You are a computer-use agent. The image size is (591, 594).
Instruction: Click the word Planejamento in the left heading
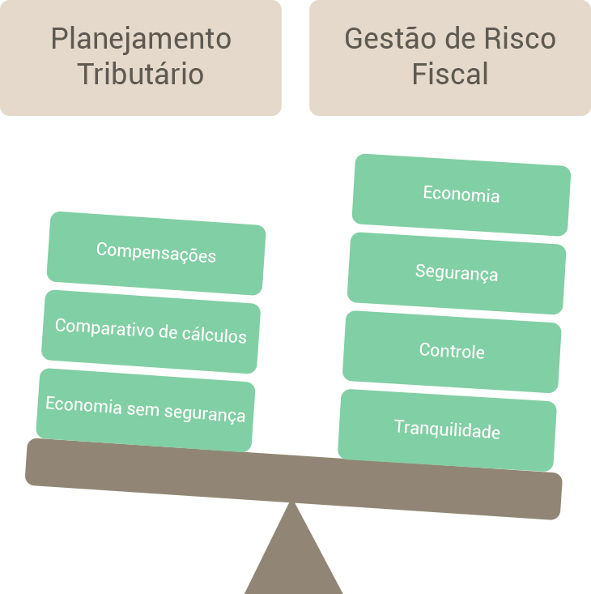141,39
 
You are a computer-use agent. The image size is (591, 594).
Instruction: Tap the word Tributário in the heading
141,74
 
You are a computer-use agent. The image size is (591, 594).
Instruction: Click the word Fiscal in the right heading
450,74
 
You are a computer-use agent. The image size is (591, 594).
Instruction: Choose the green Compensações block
156,253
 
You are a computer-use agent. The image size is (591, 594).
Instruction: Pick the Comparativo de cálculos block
151,331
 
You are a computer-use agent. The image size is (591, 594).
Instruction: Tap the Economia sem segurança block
146,408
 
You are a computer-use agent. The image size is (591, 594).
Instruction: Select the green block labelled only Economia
461,194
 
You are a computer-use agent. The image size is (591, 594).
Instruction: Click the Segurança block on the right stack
457,272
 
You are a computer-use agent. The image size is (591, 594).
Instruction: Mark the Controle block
452,351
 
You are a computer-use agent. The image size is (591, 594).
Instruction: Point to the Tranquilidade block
447,429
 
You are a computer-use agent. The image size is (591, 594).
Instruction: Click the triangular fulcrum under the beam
294,559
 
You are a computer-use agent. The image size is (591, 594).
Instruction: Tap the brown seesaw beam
294,478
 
